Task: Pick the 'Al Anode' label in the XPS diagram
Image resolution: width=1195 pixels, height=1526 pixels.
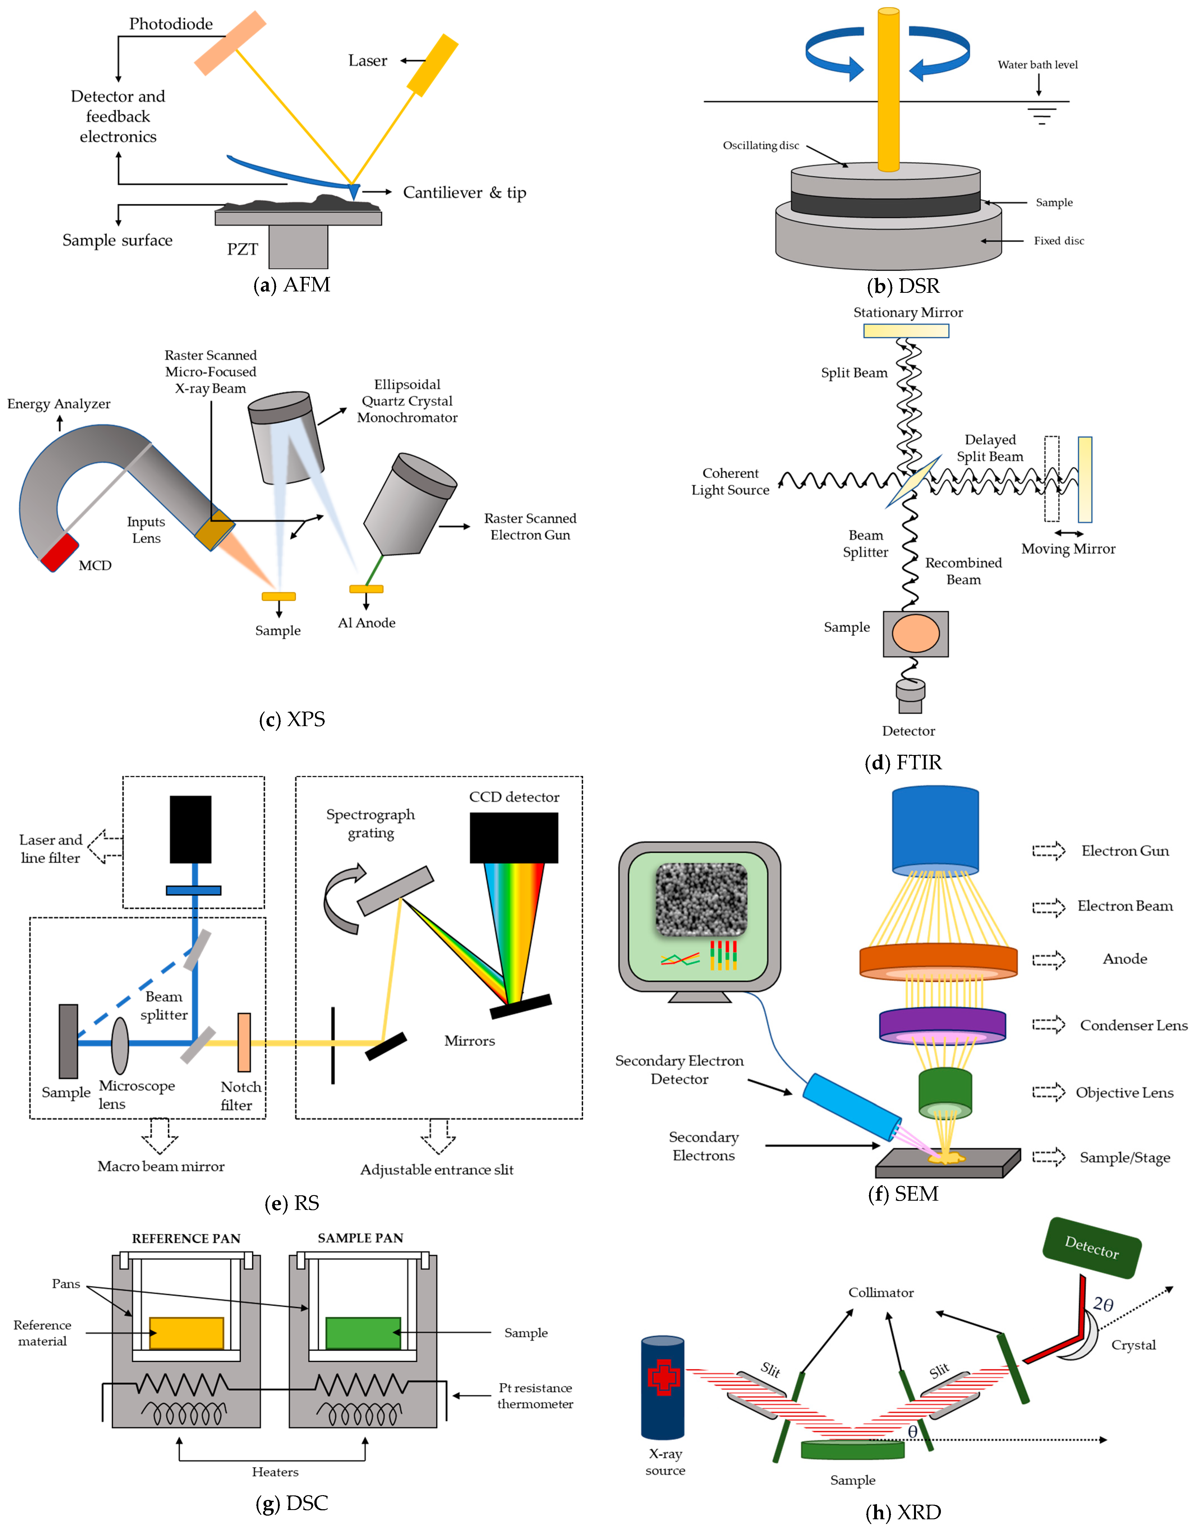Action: pyautogui.click(x=367, y=623)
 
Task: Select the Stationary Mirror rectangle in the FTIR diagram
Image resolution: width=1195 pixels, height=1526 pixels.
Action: pyautogui.click(x=906, y=330)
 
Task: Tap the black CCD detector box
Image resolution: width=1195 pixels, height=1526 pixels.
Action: pyautogui.click(x=514, y=837)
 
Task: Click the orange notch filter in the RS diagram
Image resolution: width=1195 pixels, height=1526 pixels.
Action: pyautogui.click(x=244, y=1042)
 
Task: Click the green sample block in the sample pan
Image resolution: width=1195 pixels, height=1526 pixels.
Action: pyautogui.click(x=362, y=1333)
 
